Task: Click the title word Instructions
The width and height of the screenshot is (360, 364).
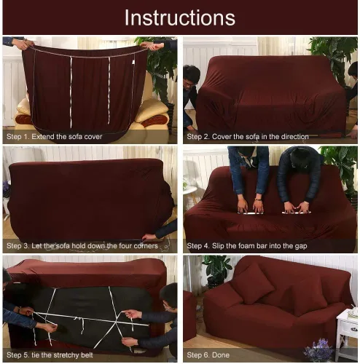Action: [x=180, y=17]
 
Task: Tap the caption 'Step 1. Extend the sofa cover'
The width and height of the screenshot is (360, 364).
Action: [x=54, y=137]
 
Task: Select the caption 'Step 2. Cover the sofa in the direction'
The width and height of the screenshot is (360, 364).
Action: [x=248, y=137]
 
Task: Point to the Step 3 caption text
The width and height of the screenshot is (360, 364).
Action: [x=82, y=246]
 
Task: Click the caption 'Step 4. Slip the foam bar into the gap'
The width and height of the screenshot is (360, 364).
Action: [x=247, y=246]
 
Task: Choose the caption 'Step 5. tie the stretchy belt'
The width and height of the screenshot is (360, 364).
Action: [x=50, y=355]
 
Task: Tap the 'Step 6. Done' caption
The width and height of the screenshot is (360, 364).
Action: [x=208, y=355]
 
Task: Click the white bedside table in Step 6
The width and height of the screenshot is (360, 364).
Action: [x=348, y=333]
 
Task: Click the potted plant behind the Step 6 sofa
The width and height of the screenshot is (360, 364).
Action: [x=216, y=271]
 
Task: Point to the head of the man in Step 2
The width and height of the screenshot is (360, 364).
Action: [x=191, y=75]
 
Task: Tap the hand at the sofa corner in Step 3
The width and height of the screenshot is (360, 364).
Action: [x=149, y=237]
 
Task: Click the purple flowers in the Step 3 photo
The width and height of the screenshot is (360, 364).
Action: [x=6, y=189]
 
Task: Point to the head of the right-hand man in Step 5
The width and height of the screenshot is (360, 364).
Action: [x=169, y=296]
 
